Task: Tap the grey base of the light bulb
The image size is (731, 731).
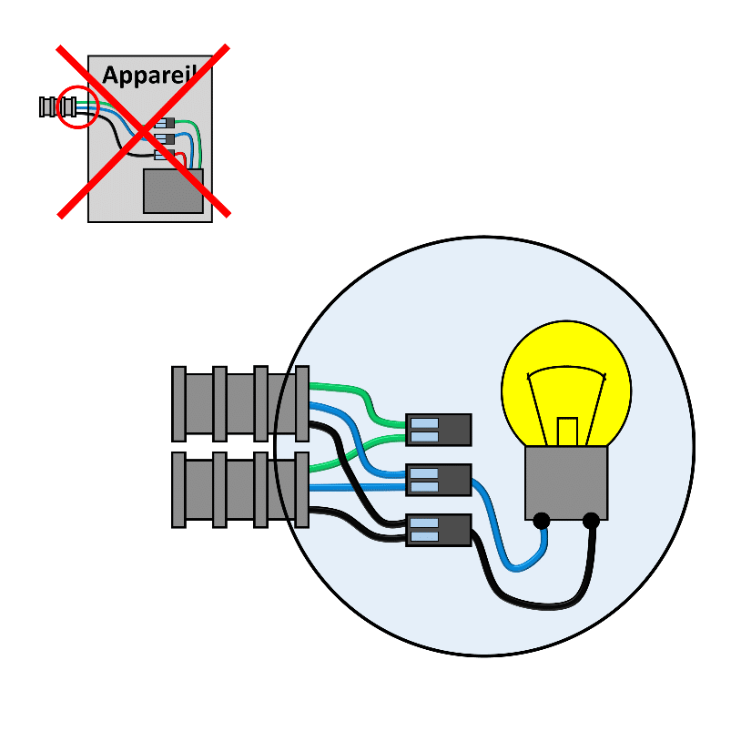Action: pyautogui.click(x=566, y=482)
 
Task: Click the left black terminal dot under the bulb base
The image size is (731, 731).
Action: pyautogui.click(x=542, y=521)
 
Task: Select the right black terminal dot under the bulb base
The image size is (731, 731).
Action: pyautogui.click(x=591, y=521)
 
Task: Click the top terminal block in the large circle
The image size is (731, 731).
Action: pyautogui.click(x=439, y=430)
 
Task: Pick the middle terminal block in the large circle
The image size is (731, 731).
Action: pyautogui.click(x=439, y=480)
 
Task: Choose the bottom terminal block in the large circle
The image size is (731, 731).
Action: pyautogui.click(x=439, y=530)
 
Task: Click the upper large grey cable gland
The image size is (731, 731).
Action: pyautogui.click(x=240, y=403)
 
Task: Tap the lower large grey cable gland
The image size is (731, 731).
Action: pyautogui.click(x=240, y=490)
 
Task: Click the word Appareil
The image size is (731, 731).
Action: pyautogui.click(x=150, y=75)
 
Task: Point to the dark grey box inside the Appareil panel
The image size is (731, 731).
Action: pyautogui.click(x=173, y=191)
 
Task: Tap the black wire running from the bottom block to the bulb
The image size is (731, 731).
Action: pyautogui.click(x=523, y=602)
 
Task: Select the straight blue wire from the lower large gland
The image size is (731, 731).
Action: pyautogui.click(x=357, y=488)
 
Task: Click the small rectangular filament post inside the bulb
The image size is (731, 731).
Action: pyautogui.click(x=567, y=431)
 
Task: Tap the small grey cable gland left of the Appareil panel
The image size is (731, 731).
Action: pyautogui.click(x=58, y=107)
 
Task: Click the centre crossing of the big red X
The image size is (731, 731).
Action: pyautogui.click(x=144, y=131)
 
